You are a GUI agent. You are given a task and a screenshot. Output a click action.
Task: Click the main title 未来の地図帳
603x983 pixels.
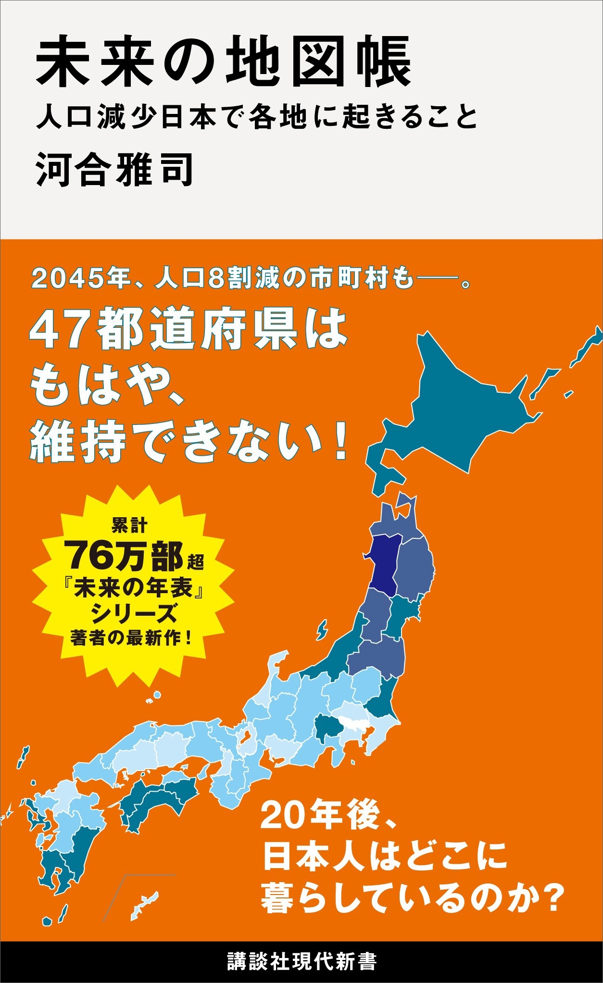224,63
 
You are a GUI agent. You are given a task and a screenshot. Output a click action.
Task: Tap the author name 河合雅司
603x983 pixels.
115,170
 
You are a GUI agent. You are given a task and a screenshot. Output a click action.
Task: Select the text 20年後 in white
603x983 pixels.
327,816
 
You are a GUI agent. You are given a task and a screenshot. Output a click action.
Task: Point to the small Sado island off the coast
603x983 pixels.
322,629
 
